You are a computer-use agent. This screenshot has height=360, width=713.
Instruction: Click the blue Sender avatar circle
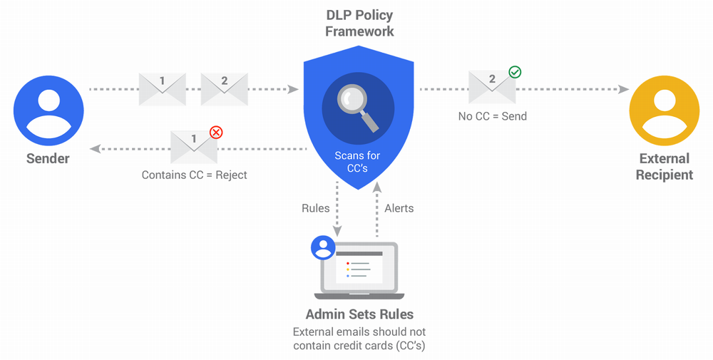click(x=48, y=111)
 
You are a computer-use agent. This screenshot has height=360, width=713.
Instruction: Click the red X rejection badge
click(x=215, y=132)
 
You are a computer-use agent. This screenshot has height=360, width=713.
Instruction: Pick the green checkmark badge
click(x=514, y=72)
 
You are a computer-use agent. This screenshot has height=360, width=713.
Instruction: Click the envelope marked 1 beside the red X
click(x=194, y=148)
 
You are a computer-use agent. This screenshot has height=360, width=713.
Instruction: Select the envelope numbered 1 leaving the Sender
click(x=162, y=89)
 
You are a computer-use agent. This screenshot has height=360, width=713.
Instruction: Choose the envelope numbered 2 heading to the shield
click(x=224, y=89)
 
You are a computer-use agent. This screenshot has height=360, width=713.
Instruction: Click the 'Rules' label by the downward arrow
click(x=316, y=208)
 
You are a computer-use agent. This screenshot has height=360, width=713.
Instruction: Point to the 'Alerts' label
click(x=399, y=208)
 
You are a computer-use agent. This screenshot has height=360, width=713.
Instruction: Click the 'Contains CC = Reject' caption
click(x=194, y=175)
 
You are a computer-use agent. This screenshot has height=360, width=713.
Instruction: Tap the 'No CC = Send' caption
click(x=492, y=115)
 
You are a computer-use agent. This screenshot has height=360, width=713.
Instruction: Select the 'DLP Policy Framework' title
click(x=359, y=23)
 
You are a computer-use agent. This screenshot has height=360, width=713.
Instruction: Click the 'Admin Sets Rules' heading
click(x=359, y=314)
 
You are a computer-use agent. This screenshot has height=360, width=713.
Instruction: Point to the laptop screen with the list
click(x=359, y=267)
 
